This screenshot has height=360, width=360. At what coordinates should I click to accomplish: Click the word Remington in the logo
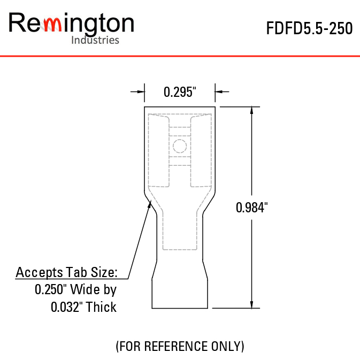(x=71, y=24)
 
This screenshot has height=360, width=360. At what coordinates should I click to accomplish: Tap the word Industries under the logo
(x=95, y=40)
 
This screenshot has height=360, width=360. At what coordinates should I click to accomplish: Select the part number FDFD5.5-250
(x=309, y=28)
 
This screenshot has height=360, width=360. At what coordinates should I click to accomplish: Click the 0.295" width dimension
(x=180, y=92)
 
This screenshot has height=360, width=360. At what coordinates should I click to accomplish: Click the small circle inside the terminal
(x=180, y=145)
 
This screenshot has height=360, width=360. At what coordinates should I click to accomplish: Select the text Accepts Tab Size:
(x=67, y=272)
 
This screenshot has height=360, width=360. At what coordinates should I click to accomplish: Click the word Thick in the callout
(x=102, y=307)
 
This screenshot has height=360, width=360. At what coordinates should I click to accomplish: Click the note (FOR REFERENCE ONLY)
(x=180, y=346)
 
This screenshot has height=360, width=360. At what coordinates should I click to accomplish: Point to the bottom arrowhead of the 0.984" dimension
(x=251, y=304)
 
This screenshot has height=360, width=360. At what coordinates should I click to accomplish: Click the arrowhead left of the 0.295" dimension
(x=141, y=92)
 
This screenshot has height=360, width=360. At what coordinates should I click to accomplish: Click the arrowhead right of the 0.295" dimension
(x=219, y=92)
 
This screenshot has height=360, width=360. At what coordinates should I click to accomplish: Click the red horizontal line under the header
(x=180, y=56)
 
